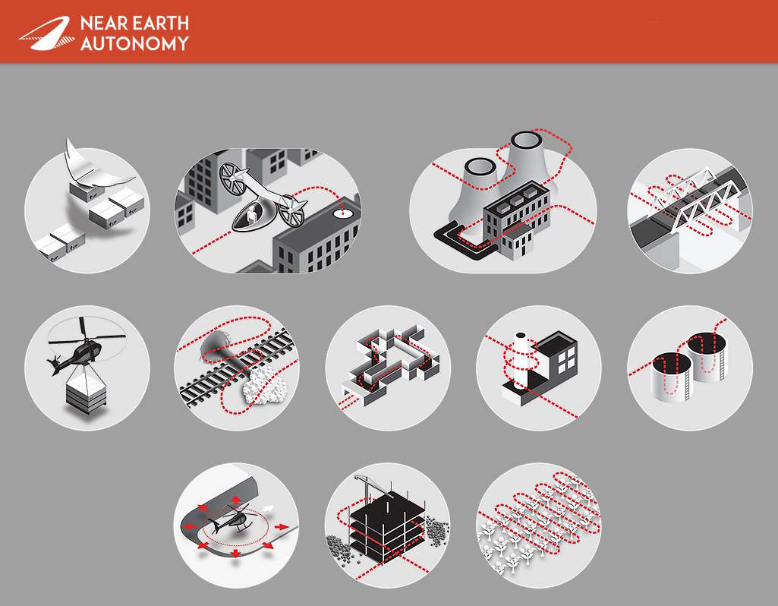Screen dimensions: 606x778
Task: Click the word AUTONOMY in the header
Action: click(x=134, y=43)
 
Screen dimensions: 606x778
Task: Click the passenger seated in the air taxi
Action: click(x=252, y=216)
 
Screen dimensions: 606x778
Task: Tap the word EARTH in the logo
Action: click(x=160, y=24)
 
